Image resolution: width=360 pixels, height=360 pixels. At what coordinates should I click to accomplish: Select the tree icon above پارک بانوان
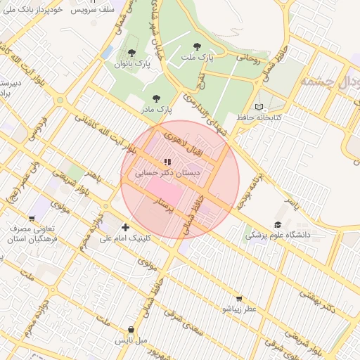coord(131,53)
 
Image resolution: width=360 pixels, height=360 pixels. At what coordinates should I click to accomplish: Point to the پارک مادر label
coord(155,110)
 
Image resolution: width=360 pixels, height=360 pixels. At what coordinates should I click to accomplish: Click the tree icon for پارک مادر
coord(155,99)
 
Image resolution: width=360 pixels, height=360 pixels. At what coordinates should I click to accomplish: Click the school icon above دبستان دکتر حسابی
coord(166,162)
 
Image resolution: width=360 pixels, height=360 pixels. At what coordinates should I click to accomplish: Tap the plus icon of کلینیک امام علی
coord(125,227)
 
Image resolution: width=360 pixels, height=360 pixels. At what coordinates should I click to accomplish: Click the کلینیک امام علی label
coord(126,238)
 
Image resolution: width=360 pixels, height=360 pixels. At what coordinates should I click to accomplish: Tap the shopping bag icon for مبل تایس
coord(131,329)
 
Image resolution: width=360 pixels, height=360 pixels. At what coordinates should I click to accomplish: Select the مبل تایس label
coord(131,340)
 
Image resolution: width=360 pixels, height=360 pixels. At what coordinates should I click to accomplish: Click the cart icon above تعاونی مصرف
coord(31,219)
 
